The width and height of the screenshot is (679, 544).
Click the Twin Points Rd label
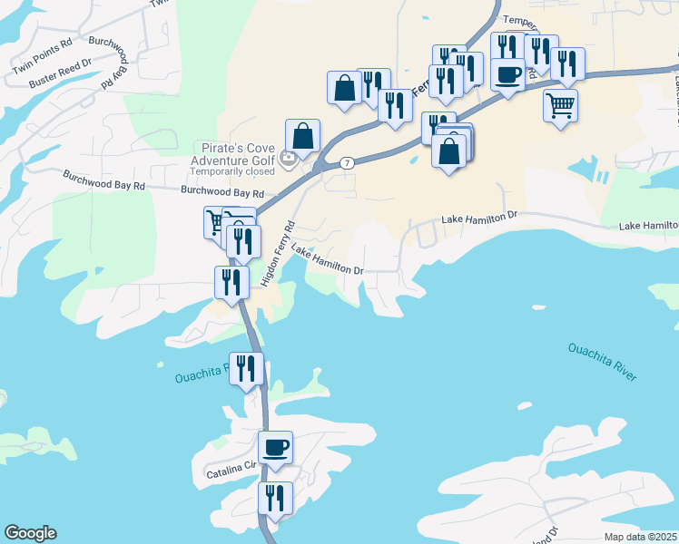(42, 67)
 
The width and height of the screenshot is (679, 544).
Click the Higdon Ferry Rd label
(278, 255)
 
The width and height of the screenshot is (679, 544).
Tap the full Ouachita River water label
(602, 361)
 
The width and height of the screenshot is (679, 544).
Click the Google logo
(30, 533)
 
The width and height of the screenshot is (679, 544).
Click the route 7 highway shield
(347, 163)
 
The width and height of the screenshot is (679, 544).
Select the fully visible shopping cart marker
(561, 105)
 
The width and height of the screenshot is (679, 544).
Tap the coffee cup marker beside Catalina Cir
(276, 446)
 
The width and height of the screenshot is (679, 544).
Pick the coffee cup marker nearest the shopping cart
(508, 73)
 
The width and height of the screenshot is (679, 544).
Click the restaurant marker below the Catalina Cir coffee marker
(275, 498)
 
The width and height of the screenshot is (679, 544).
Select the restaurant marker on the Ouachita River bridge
(246, 368)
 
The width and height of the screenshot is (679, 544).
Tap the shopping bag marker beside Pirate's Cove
(303, 136)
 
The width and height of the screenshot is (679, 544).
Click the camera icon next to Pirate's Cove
(289, 160)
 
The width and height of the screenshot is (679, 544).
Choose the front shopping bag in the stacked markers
(449, 151)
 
